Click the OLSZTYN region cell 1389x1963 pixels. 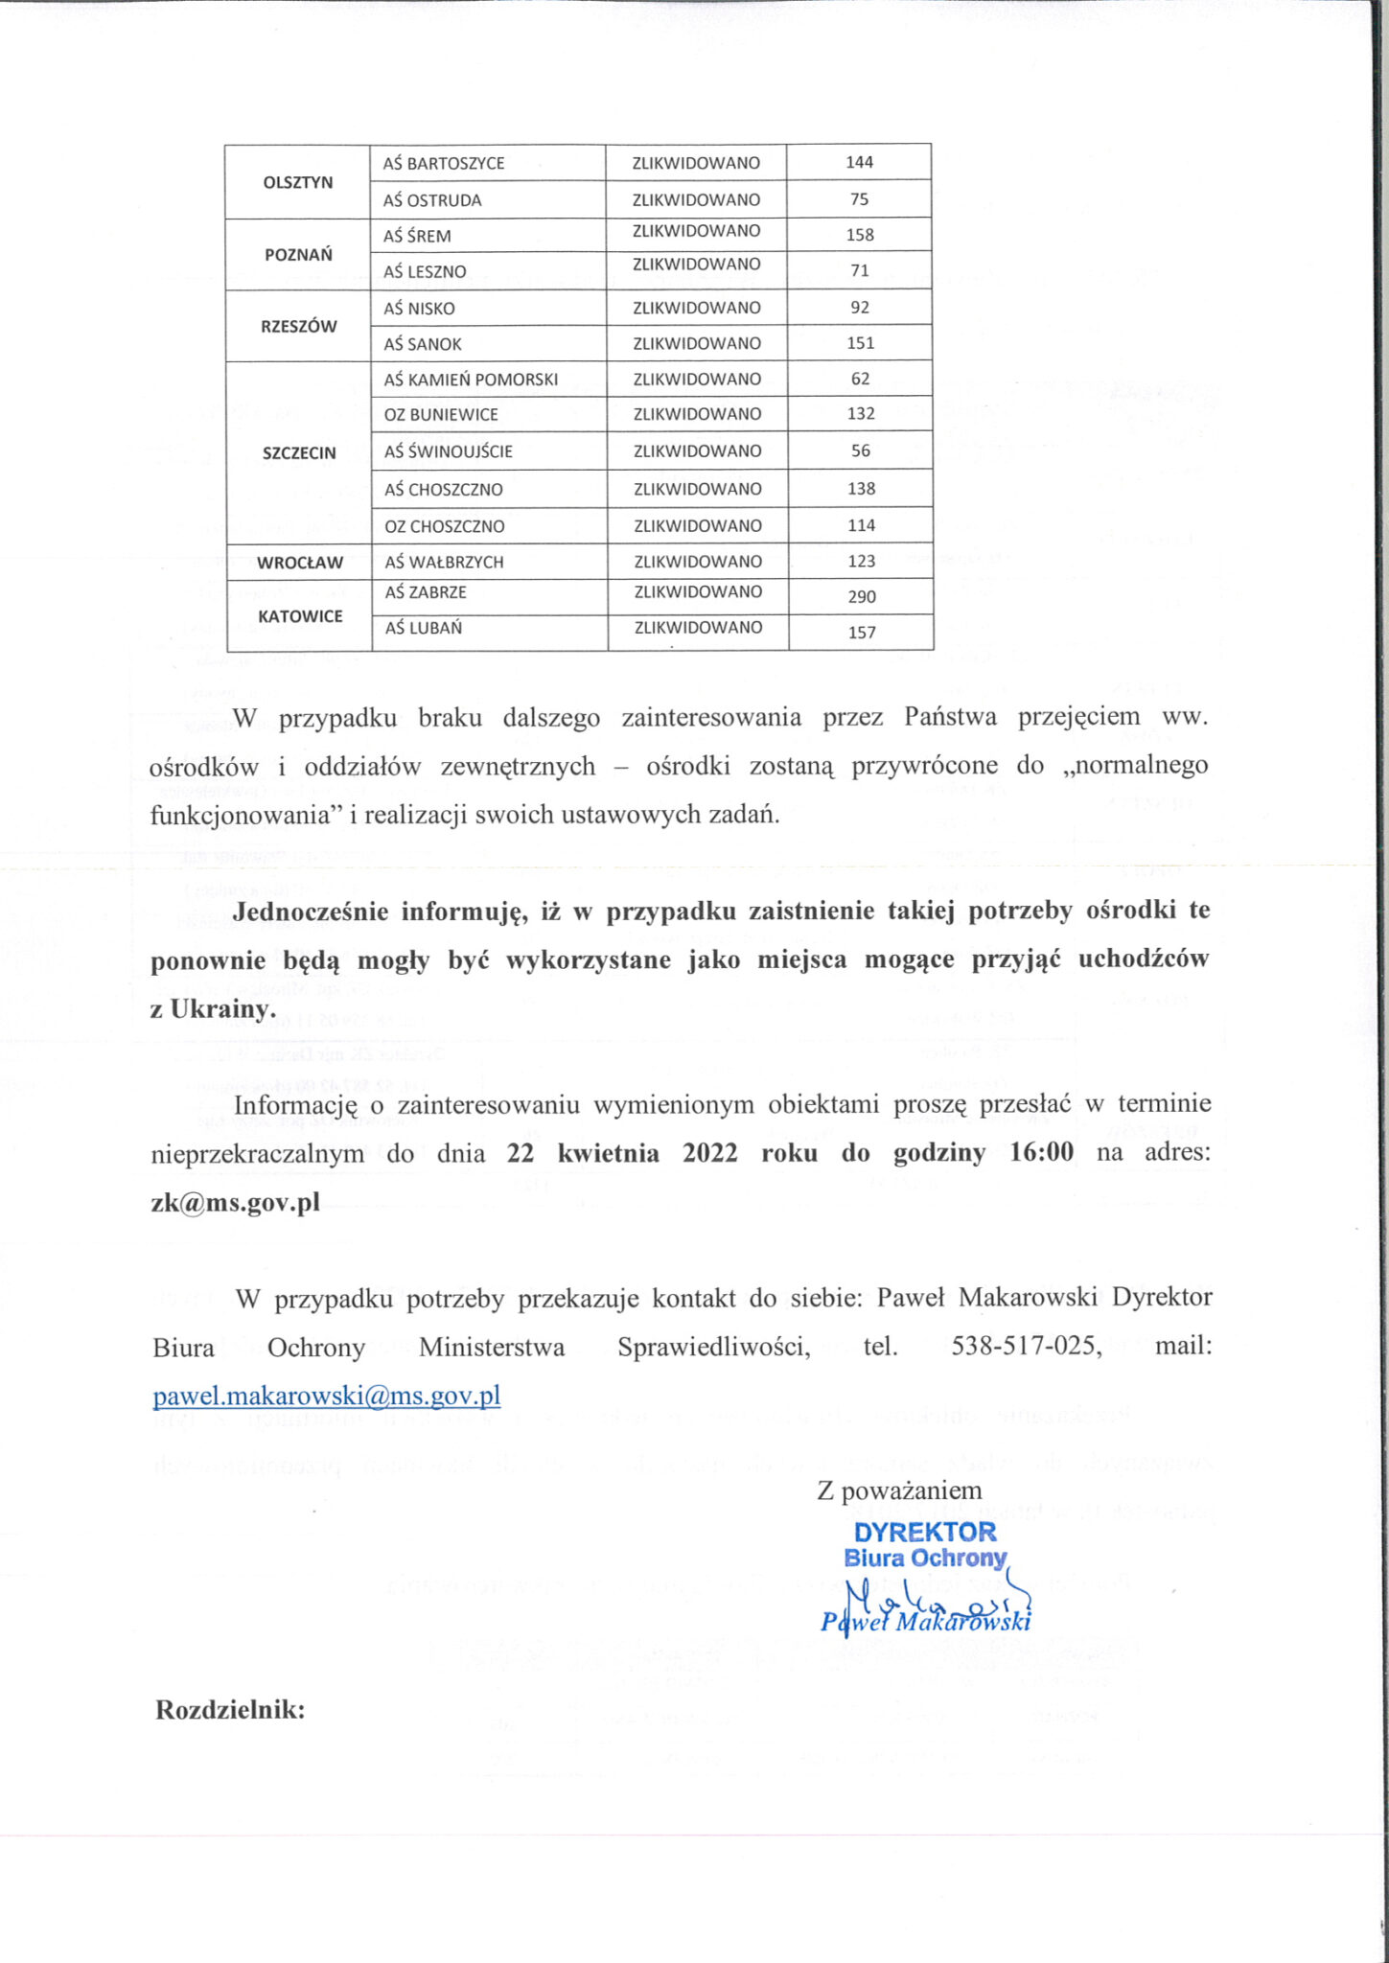click(298, 182)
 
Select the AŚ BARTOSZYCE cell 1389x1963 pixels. click(444, 163)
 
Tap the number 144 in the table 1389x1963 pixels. click(859, 162)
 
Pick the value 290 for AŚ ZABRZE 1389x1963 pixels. click(862, 596)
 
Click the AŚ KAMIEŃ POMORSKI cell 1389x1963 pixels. click(471, 380)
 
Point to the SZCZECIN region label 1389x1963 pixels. click(299, 453)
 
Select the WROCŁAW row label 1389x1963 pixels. click(300, 563)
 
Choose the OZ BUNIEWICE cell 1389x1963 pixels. click(441, 415)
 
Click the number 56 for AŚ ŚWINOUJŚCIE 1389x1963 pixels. click(861, 450)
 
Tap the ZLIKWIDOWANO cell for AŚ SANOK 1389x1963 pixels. click(697, 343)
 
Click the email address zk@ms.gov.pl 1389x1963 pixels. click(235, 1203)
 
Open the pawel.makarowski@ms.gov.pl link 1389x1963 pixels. click(327, 1395)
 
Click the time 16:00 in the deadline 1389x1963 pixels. click(1042, 1152)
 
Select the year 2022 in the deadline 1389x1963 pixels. click(710, 1152)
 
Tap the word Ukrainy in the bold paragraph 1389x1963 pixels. click(222, 1009)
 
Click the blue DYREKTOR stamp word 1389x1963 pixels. click(925, 1532)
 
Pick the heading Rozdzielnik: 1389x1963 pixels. click(230, 1710)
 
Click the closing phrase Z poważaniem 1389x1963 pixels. click(899, 1490)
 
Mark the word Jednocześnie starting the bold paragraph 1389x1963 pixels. click(310, 911)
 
